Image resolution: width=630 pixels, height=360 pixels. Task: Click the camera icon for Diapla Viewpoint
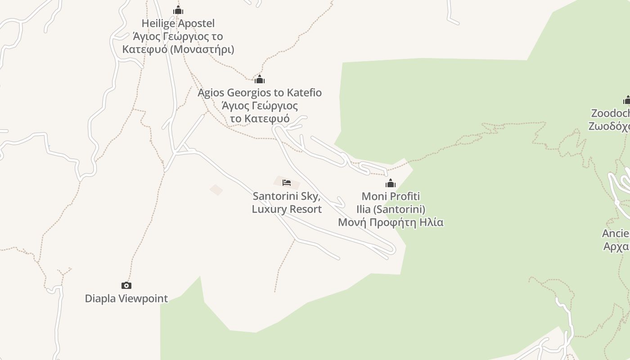[126, 285]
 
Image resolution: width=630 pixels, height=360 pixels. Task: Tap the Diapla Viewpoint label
[126, 298]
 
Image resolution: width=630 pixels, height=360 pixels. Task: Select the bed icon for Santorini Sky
[287, 182]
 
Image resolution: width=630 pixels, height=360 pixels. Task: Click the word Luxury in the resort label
[268, 209]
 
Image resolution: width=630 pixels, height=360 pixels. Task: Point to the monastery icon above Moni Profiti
[391, 183]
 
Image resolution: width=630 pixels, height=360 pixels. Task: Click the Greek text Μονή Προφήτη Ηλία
[391, 222]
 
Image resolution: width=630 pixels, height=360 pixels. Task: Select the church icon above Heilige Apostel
[178, 10]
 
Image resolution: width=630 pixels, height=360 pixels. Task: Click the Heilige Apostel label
[178, 23]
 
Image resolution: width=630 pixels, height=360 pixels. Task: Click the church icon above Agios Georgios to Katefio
[260, 80]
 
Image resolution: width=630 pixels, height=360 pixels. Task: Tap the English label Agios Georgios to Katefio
[260, 93]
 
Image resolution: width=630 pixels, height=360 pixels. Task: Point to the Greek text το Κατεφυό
[260, 119]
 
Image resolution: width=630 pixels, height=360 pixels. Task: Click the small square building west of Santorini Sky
[216, 190]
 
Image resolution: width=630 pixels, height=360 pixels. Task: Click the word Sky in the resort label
[310, 196]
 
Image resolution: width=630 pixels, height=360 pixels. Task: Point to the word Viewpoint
[143, 298]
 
